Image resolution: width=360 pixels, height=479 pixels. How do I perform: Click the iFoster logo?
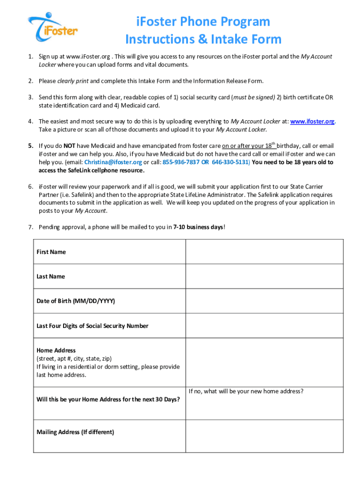(x=52, y=27)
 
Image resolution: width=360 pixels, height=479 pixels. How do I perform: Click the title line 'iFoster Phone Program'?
(x=203, y=22)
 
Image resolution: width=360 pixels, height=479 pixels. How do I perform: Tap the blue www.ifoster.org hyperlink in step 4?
(x=312, y=121)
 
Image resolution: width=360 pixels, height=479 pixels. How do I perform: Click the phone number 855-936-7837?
(x=181, y=162)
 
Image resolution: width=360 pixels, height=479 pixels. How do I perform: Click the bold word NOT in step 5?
(x=70, y=145)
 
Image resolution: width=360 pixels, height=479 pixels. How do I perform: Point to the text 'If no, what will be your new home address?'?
(x=246, y=391)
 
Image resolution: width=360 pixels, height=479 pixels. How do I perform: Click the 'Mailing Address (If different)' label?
(x=75, y=432)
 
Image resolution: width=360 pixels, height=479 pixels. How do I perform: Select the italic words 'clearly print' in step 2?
(x=72, y=81)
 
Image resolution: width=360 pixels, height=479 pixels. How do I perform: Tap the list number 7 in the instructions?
(x=30, y=227)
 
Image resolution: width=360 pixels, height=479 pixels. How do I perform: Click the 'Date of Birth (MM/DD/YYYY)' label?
(x=76, y=301)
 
